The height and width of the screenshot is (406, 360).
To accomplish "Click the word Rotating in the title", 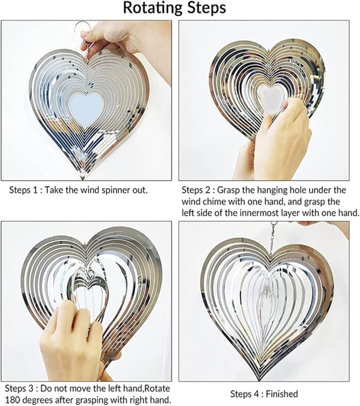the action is point(152,8).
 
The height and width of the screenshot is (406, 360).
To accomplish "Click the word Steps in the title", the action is point(206,8).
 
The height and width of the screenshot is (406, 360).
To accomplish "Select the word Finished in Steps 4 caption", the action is point(282,394).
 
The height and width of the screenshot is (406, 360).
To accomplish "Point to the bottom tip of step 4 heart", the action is point(259,380).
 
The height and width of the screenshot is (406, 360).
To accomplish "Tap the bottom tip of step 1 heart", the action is point(83,178).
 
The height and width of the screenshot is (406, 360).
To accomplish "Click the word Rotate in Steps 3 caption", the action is point(157,389).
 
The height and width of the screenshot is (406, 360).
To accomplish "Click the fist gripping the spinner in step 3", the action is point(70,336).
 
